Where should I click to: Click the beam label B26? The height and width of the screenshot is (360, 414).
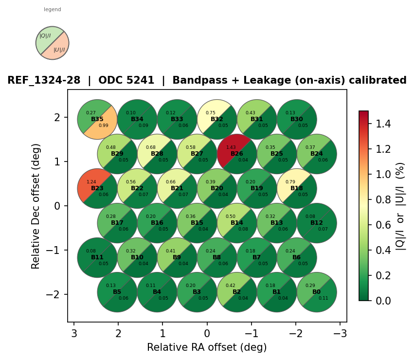coord(237,154)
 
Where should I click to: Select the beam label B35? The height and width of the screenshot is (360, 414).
coord(97,119)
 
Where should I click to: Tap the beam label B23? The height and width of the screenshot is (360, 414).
coord(97,188)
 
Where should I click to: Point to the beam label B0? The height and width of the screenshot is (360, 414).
coord(317,292)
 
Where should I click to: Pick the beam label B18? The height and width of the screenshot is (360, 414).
coord(297,188)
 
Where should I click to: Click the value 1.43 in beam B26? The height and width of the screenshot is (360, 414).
coord(231,147)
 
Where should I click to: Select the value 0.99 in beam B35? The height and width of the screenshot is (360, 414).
coord(104,126)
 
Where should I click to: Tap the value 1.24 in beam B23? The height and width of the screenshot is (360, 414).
coord(91,182)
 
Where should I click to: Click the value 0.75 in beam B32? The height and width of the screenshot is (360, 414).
coord(211,113)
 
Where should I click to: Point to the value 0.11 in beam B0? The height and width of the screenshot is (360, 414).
coord(323,298)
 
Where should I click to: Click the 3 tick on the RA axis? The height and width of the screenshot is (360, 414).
coord(74,333)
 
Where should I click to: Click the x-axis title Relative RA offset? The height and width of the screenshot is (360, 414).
coord(207,347)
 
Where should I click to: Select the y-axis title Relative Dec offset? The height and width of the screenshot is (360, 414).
coord(36,205)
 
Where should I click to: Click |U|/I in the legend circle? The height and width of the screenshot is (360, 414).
coord(59,50)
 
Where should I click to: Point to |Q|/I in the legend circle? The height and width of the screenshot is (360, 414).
coord(45,36)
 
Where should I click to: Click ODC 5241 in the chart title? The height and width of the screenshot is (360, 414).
coord(130,81)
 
